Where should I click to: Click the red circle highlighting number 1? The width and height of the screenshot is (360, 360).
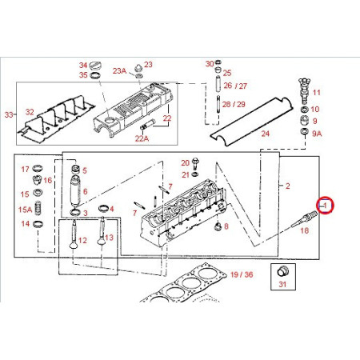pos(325,206)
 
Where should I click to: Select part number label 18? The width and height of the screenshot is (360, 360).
pos(304,230)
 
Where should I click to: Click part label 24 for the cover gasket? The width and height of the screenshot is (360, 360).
pos(266,134)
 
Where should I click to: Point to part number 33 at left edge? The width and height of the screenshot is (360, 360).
pos(9,115)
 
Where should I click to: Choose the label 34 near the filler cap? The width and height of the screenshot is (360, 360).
pos(82,66)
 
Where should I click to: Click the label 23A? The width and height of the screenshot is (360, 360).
pos(119,70)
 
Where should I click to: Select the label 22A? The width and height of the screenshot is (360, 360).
pos(142,138)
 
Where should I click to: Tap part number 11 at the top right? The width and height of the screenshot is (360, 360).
pos(316,93)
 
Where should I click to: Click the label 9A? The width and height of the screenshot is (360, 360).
pos(317,134)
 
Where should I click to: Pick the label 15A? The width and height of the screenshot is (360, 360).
pos(25,210)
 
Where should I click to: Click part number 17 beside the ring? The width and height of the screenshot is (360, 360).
pos(25,169)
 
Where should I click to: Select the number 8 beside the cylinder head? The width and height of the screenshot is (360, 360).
pos(226,226)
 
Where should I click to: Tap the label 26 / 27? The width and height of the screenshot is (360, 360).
pos(235,86)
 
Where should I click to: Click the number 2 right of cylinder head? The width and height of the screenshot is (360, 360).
pos(287,186)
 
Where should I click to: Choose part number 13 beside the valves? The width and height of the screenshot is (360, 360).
pos(110,238)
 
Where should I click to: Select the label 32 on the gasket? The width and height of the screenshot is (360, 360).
pos(29,112)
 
